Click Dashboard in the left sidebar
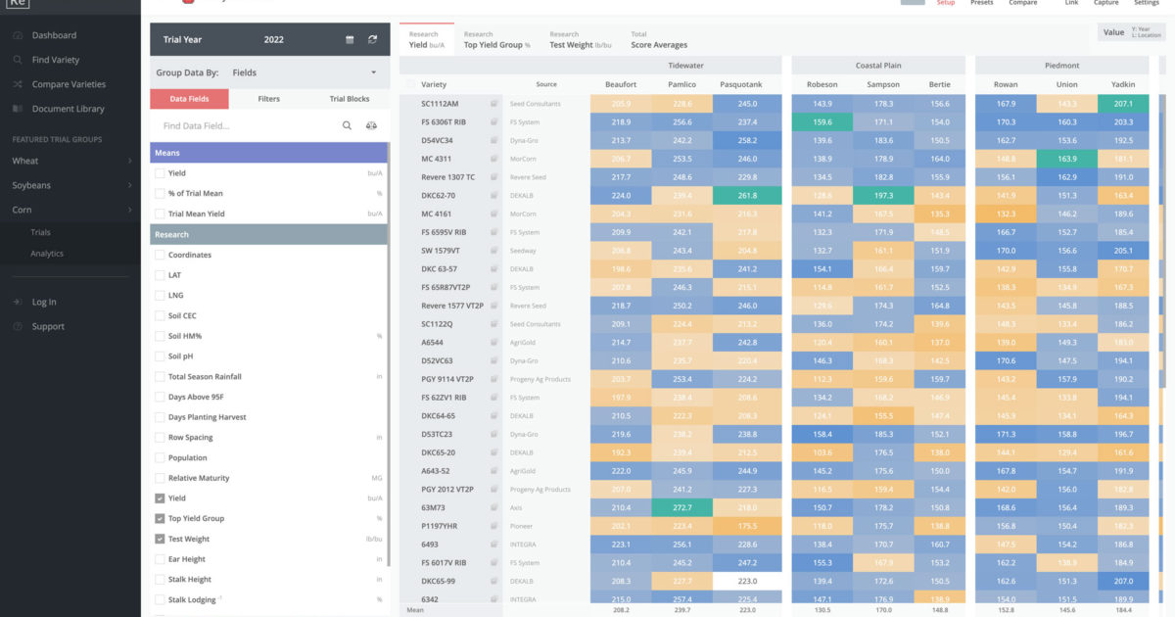[x=54, y=35]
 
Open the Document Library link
[x=68, y=109]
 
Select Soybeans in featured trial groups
[x=31, y=185]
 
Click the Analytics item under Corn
[x=47, y=254]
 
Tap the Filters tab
[x=268, y=99]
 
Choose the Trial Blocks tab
[x=350, y=99]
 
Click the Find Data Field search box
[x=245, y=126]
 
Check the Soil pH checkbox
[x=160, y=356]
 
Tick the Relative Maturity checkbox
[x=160, y=478]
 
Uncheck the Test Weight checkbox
[x=160, y=539]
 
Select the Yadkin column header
[x=1123, y=85]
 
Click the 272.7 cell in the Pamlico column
[x=682, y=507]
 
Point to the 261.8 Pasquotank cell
[x=747, y=195]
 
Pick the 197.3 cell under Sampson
[x=883, y=195]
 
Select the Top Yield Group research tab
[x=496, y=40]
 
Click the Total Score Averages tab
[x=659, y=40]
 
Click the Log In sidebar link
[x=44, y=303]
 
